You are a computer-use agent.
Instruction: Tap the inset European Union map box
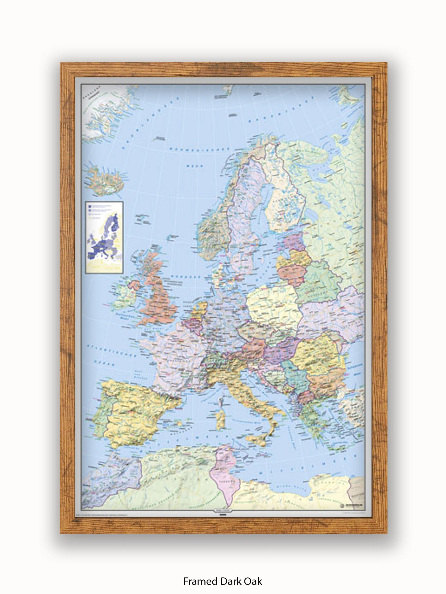(x=104, y=237)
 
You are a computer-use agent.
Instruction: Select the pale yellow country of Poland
(x=273, y=305)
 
